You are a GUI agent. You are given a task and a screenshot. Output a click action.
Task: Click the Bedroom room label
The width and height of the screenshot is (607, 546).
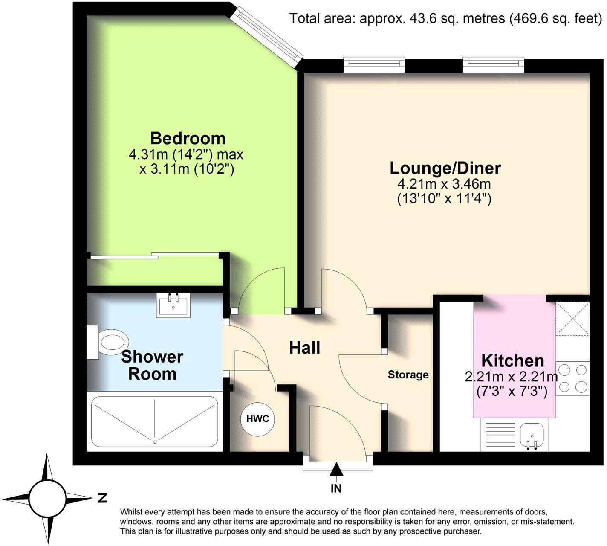click(x=188, y=139)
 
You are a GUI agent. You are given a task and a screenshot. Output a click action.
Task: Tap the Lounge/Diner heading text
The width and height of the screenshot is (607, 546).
click(x=445, y=168)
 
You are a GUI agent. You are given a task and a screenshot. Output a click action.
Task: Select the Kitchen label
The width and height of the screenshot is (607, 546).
click(x=512, y=361)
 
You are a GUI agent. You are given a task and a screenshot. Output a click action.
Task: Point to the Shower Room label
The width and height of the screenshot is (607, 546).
click(x=152, y=365)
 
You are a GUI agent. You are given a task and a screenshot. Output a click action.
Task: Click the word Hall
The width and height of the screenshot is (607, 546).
click(x=304, y=348)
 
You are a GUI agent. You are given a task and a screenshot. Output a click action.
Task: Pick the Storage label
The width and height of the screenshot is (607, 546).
click(x=408, y=375)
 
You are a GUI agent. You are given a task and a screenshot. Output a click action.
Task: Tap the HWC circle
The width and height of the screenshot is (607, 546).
click(x=257, y=419)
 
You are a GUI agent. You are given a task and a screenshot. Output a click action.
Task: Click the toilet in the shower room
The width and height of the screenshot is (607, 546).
click(x=108, y=342)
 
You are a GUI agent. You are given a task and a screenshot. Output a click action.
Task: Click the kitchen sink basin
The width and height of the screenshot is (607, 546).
click(x=531, y=435)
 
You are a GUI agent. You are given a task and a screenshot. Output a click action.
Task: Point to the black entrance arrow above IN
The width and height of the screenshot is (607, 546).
click(x=336, y=470)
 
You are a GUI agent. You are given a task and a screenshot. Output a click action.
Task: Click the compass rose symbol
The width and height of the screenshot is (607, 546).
click(x=47, y=498)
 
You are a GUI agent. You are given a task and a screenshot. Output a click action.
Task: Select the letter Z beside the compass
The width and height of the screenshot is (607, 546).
click(x=102, y=498)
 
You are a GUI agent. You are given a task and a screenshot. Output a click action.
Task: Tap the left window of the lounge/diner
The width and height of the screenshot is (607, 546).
click(x=374, y=63)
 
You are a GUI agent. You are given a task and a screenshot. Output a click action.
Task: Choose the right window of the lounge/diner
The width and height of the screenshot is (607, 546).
click(x=494, y=63)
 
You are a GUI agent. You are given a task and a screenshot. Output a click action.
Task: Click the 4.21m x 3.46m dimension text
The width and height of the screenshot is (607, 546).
click(x=444, y=184)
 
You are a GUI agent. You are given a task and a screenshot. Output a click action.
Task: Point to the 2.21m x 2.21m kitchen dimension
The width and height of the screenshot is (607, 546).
click(x=511, y=377)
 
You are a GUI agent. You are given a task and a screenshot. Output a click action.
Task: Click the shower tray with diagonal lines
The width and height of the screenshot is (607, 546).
click(x=155, y=420)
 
